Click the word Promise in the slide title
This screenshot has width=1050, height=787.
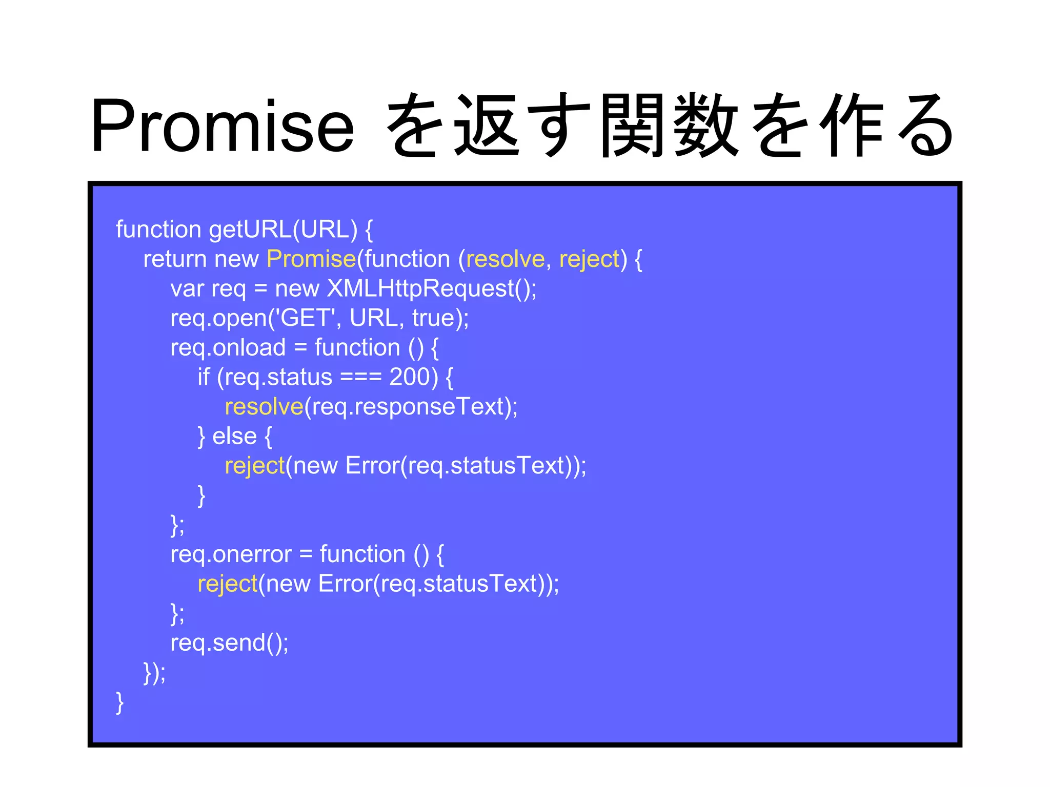coord(222,126)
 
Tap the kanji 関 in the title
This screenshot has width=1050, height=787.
coord(633,126)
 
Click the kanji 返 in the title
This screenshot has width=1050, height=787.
coord(488,126)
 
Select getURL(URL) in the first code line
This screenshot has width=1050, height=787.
coord(283,230)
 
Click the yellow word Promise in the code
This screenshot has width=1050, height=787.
coord(311,259)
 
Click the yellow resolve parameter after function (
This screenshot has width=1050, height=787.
coord(505,259)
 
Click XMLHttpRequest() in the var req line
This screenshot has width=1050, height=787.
coord(431,288)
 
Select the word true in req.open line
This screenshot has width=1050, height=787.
coord(434,318)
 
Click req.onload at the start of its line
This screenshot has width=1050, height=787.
coord(228,348)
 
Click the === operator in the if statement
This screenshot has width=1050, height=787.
coord(361,378)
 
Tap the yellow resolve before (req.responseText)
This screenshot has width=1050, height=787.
coord(264,407)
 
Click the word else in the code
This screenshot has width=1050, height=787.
coord(234,436)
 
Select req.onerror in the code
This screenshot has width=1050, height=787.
coord(231,554)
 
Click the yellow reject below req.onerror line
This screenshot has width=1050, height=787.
coord(227,584)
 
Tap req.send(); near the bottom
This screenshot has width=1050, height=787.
coord(229,643)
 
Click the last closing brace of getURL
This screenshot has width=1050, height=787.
coord(119,702)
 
